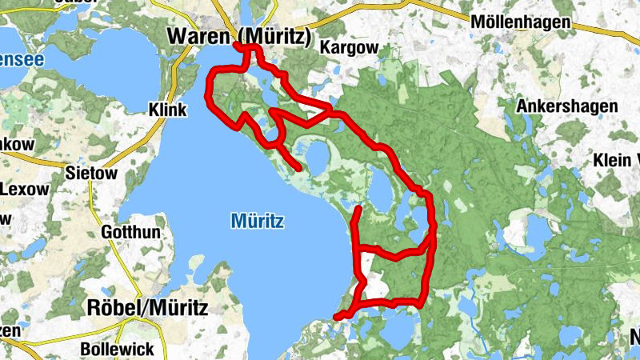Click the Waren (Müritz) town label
click(238, 36)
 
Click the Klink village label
click(167, 110)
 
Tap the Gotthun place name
click(132, 232)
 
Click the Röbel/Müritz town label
click(146, 307)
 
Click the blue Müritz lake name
click(258, 220)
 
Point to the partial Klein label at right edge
click(616, 160)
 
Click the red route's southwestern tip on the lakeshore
click(337, 318)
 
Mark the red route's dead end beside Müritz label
click(299, 169)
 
